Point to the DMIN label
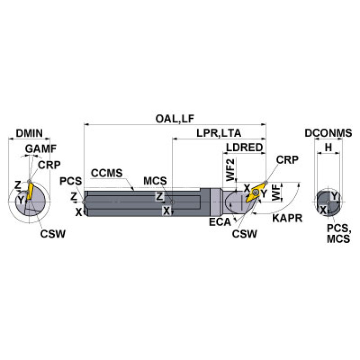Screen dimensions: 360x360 click(29, 133)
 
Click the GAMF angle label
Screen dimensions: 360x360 click(41, 149)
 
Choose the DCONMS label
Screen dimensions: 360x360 click(328, 133)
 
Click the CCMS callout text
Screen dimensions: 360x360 click(107, 173)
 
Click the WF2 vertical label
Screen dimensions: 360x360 click(230, 170)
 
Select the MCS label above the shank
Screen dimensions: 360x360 click(154, 181)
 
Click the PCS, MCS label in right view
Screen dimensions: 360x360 click(338, 233)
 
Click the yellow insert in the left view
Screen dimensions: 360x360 click(29, 191)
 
